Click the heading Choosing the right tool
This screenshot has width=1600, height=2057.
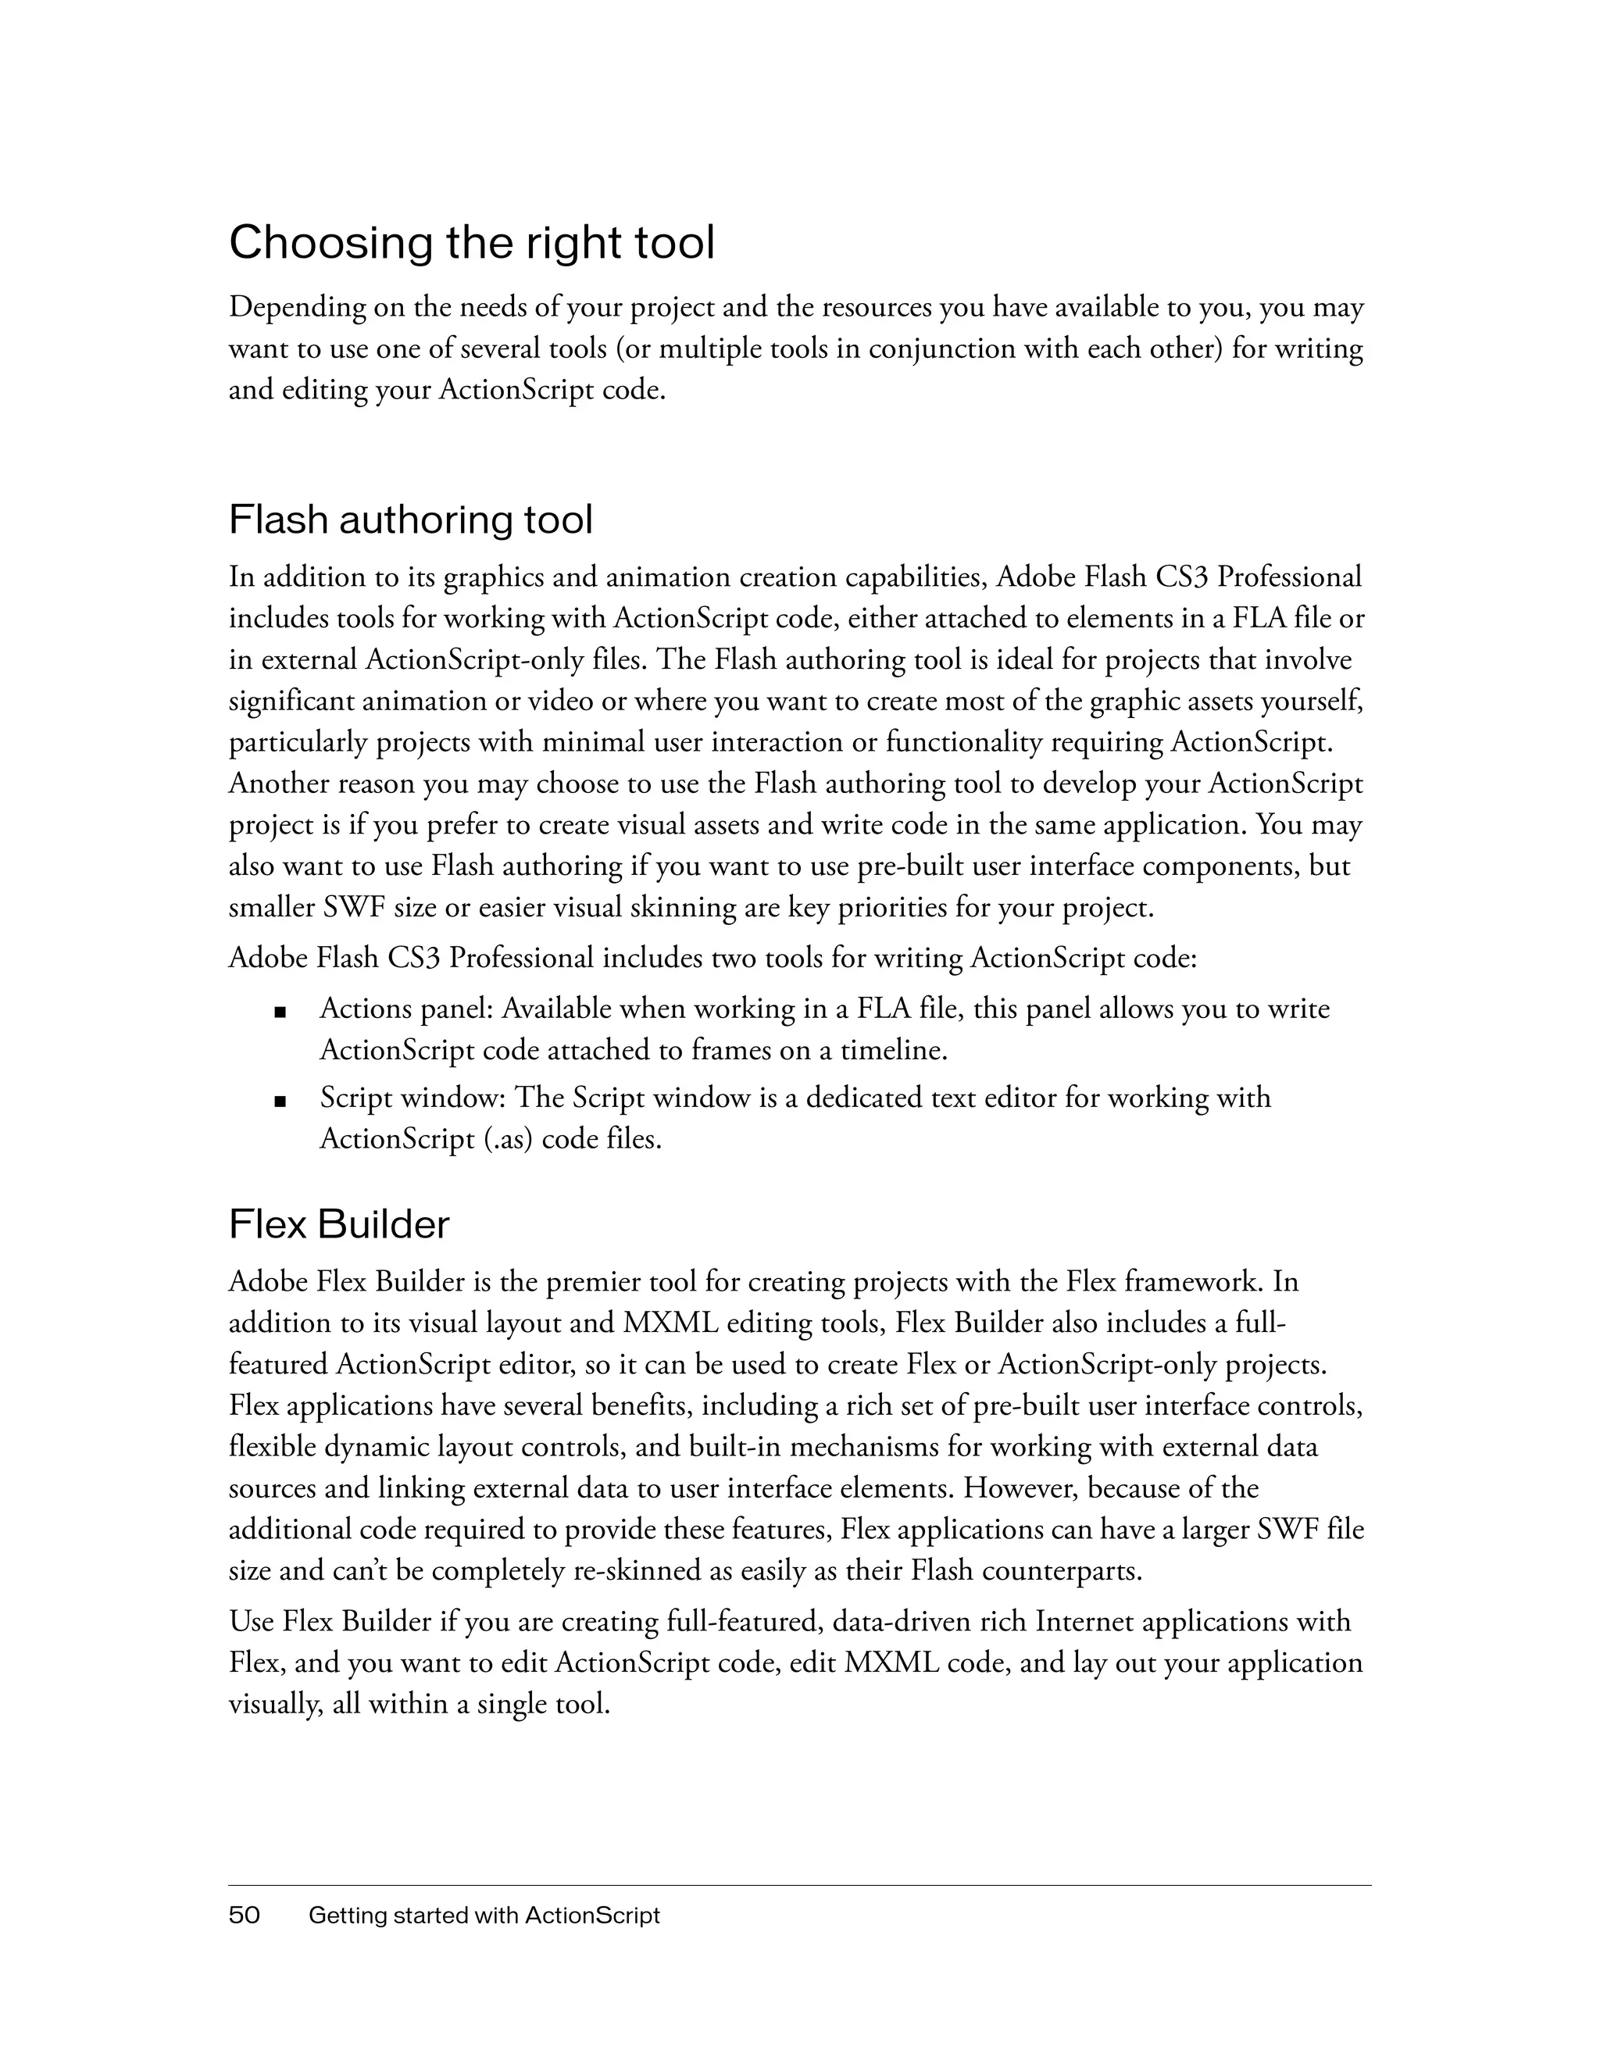tap(472, 243)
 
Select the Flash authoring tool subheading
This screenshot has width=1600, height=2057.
tap(411, 520)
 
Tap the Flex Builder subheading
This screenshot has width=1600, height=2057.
tap(339, 1224)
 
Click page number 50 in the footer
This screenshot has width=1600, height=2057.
tap(244, 1916)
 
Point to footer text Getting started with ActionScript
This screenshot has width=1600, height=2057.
tap(484, 1916)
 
